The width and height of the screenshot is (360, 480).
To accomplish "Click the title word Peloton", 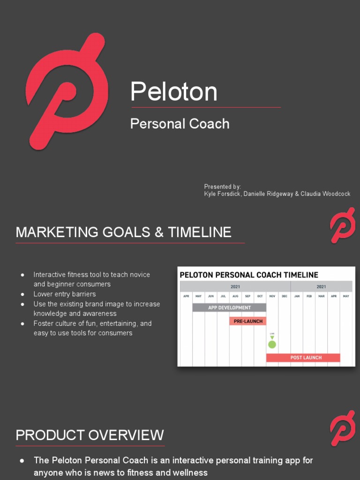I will pos(174,91).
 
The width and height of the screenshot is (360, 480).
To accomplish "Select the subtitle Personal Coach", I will pos(180,124).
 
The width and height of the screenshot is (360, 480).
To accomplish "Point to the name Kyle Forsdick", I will pos(223,194).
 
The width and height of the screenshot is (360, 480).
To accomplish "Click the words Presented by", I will pos(222,187).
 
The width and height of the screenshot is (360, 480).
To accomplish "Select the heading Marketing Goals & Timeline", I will pos(123,232).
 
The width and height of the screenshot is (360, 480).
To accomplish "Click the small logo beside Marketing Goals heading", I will pos(342,226).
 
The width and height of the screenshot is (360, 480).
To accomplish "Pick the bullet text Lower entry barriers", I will pos(64,294).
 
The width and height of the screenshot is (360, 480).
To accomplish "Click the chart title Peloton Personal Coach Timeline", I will pos(249,275).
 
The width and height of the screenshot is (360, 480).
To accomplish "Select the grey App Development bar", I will pos(229,307).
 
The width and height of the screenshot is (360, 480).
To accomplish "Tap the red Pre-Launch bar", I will pos(248,321).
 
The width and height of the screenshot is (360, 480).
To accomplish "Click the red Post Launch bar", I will pos(303,358).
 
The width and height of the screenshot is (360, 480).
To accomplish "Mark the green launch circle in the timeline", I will pos(272,345).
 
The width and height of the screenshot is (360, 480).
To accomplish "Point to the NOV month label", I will pos(272,296).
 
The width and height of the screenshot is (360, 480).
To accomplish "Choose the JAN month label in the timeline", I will pos(297,296).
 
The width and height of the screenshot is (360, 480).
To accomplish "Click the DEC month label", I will pos(285,296).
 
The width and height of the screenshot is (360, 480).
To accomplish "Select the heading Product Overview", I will pos(90,435).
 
